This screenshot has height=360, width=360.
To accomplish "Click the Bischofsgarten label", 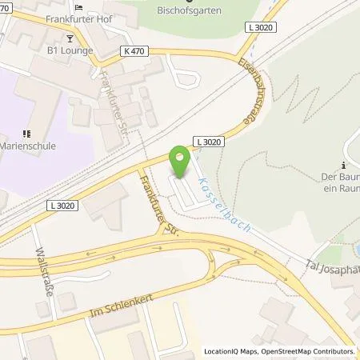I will click(190, 10).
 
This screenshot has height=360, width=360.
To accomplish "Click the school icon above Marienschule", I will click(26, 134).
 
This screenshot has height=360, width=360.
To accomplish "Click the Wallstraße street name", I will click(42, 273).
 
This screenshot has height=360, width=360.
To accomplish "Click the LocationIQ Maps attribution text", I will click(233, 351).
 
